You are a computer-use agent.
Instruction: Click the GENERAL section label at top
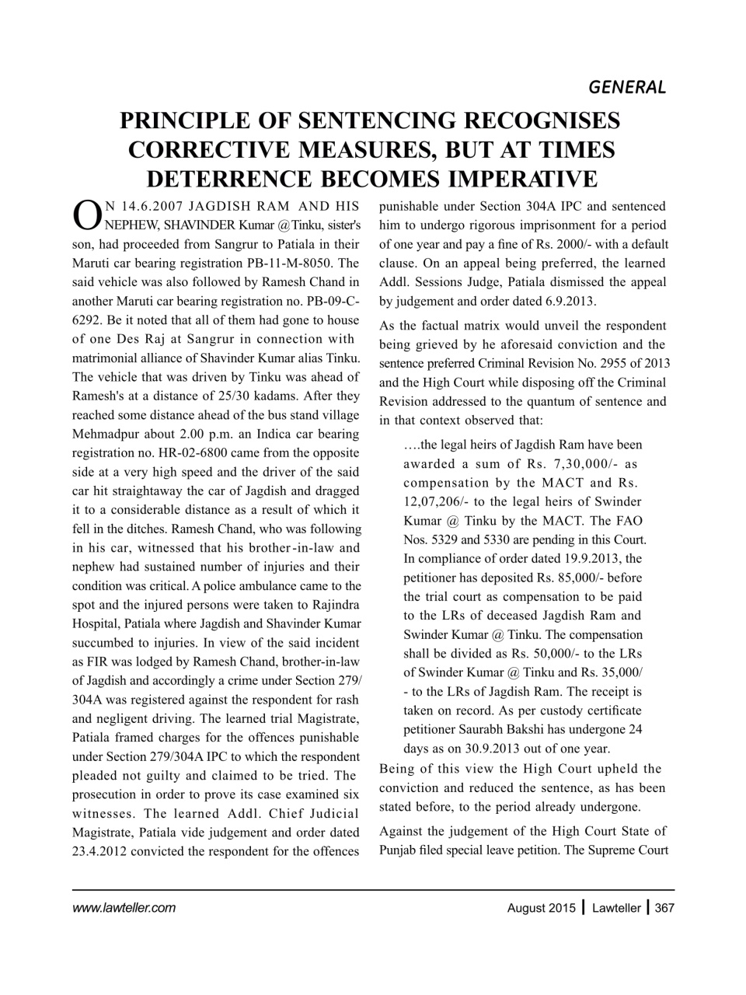(x=627, y=86)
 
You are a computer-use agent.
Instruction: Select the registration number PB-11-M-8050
(x=294, y=263)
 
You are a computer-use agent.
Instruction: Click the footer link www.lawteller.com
(x=124, y=907)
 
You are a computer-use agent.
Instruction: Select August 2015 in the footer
(x=542, y=907)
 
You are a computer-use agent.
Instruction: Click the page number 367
(x=664, y=907)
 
